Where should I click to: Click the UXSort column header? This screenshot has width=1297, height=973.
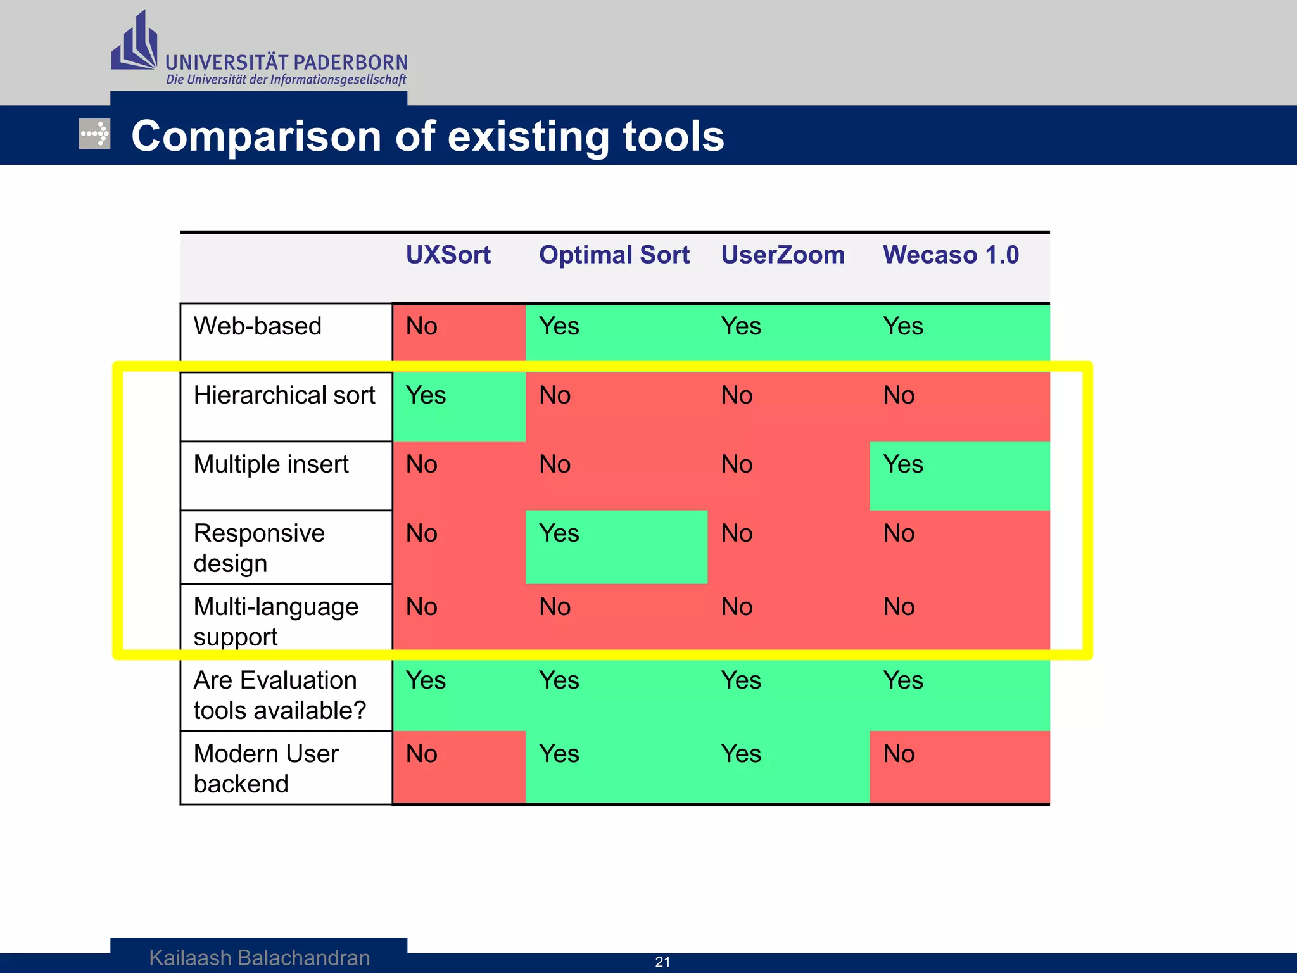click(448, 255)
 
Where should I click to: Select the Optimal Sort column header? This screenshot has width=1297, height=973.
click(614, 255)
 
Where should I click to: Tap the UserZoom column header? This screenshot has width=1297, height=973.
click(783, 255)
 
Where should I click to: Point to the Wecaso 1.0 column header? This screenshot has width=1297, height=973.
click(951, 255)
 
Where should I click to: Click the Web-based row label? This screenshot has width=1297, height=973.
click(257, 326)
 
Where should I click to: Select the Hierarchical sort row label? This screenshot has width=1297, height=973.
click(284, 395)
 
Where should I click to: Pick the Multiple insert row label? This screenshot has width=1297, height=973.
click(271, 464)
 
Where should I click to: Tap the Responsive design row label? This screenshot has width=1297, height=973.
click(258, 548)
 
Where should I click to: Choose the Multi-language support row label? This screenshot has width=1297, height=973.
click(275, 621)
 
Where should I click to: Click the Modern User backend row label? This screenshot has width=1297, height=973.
click(266, 768)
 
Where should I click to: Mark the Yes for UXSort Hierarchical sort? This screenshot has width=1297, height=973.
click(426, 396)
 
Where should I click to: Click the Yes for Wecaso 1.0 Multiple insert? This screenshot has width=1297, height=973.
click(903, 464)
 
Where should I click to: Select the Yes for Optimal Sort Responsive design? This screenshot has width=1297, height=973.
click(559, 533)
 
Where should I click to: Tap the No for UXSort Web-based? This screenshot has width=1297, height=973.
click(421, 326)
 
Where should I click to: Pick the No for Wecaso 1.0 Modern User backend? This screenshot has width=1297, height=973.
click(899, 754)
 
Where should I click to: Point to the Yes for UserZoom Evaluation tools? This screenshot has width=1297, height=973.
click(741, 680)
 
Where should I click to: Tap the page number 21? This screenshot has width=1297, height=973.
click(662, 962)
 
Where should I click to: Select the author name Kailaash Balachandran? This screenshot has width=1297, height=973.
click(260, 958)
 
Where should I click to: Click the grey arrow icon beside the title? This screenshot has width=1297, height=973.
click(94, 134)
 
